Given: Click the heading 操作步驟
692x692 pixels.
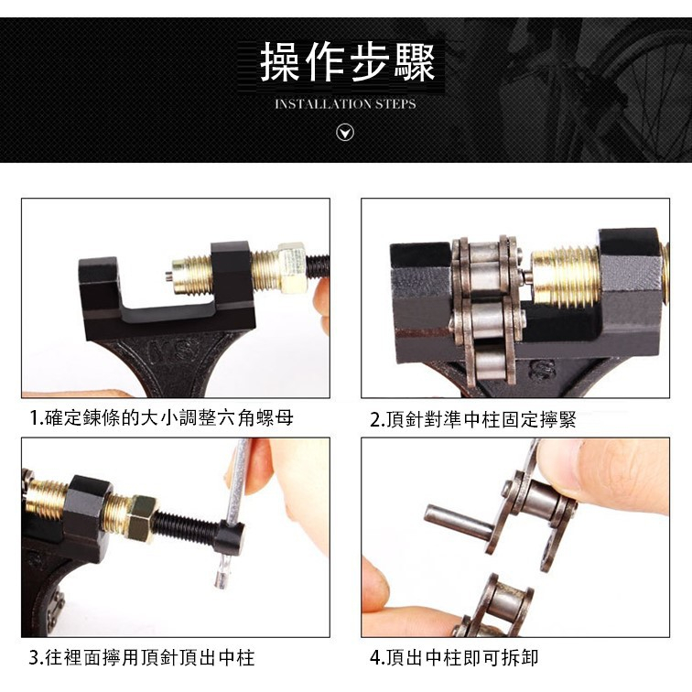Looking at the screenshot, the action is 347,62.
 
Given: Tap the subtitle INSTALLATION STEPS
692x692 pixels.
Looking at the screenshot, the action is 345,104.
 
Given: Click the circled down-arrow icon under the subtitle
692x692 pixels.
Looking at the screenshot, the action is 345,132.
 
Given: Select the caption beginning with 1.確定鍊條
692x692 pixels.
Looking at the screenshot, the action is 161,417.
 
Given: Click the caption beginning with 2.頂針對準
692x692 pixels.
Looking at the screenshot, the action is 472,419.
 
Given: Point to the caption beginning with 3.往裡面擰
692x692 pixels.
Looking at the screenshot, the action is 142,657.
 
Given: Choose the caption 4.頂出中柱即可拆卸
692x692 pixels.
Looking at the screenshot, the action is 454,657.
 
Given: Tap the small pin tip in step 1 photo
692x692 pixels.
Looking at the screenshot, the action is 168,276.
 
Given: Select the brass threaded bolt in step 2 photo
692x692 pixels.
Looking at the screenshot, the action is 566,276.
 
